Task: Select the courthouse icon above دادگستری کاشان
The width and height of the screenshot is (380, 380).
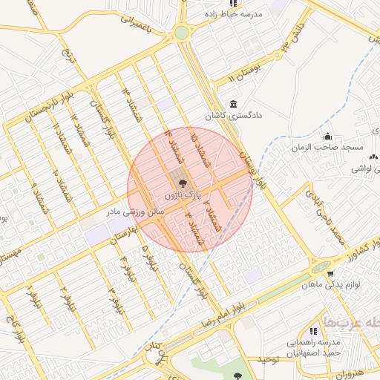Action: (x=235, y=104)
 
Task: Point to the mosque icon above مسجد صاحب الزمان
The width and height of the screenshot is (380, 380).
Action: (x=328, y=136)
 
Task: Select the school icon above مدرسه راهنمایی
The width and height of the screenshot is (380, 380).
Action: (x=313, y=331)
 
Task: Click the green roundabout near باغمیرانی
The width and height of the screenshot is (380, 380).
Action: (x=181, y=33)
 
